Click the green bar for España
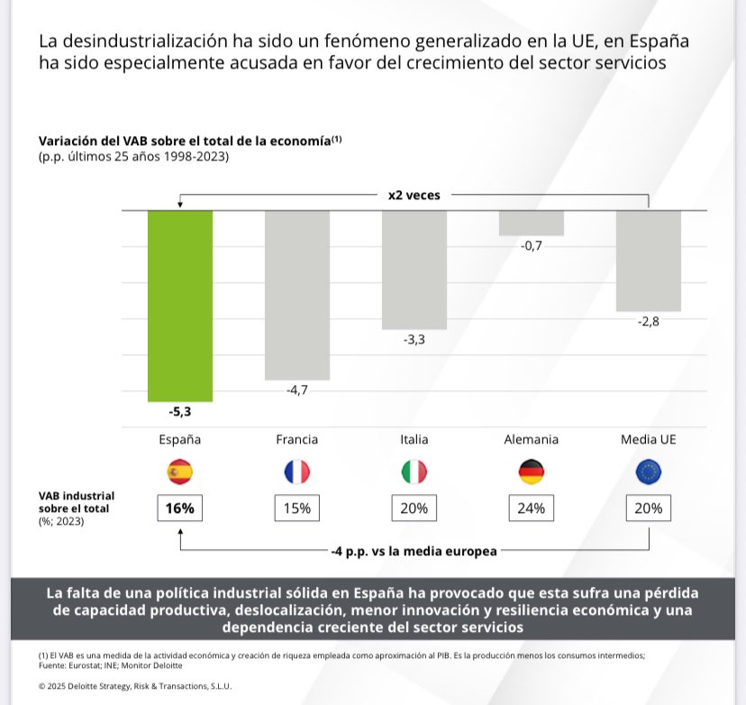coord(180,306)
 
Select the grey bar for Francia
coord(297,295)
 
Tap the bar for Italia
coord(414,270)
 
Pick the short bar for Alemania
coord(532,223)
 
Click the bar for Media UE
coord(649,261)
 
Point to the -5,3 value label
coord(180,412)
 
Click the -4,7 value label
coord(297,390)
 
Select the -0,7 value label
coord(532,246)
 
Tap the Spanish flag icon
coord(180,472)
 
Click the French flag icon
coord(297,472)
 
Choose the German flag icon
coord(532,472)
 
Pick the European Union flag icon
coord(649,472)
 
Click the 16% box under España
coord(180,508)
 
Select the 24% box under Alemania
coord(532,508)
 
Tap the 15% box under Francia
coord(297,508)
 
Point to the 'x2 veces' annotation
coord(414,194)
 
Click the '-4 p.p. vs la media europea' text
coord(414,551)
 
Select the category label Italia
coord(414,440)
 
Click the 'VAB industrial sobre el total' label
coord(77,501)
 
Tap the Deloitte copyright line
coord(135,686)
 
